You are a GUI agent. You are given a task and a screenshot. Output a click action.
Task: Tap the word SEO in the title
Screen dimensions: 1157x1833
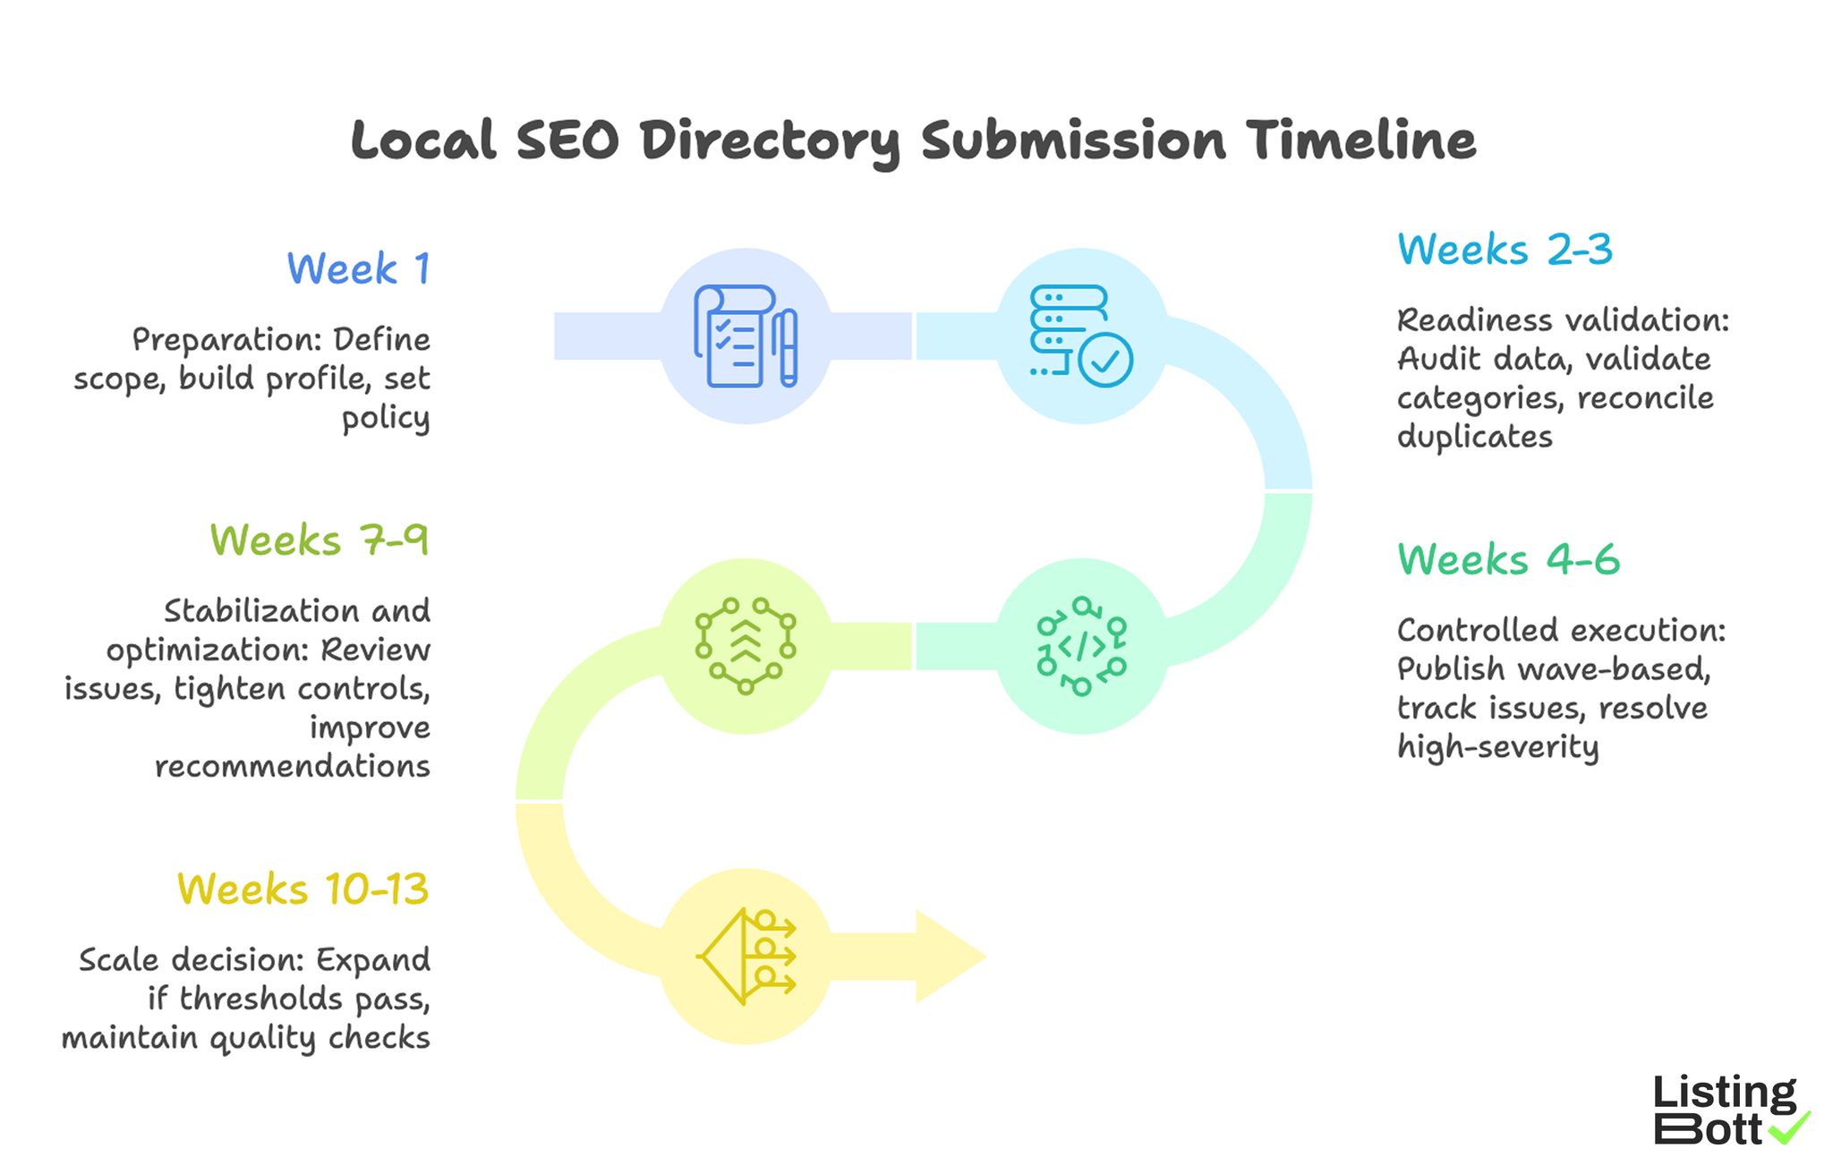pos(567,141)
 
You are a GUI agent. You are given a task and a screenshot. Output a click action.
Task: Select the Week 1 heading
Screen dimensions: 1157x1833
pos(358,268)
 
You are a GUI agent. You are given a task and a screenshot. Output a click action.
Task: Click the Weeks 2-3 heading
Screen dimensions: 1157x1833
pos(1505,249)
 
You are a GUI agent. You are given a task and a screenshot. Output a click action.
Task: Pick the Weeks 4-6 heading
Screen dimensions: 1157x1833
pos(1508,559)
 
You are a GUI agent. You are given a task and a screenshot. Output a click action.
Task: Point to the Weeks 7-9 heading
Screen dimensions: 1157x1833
pos(320,540)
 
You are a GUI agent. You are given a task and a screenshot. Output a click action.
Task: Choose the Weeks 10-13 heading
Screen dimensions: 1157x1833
pos(303,889)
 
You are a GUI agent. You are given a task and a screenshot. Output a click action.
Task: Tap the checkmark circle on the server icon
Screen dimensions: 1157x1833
pos(1105,360)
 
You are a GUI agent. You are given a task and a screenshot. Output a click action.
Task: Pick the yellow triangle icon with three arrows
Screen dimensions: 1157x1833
pos(746,957)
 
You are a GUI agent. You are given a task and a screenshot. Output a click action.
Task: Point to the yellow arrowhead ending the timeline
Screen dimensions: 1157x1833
pos(949,957)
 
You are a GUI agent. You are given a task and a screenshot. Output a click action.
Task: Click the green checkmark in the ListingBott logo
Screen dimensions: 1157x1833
pos(1790,1127)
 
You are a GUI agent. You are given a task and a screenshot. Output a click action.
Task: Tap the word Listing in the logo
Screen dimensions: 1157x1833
pos(1724,1093)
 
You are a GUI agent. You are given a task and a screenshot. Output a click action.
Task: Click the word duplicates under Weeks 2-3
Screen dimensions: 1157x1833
pos(1474,437)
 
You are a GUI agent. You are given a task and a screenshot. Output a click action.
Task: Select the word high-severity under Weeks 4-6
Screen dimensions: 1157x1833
pos(1497,746)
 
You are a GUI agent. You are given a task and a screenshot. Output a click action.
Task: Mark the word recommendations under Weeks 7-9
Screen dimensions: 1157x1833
pos(293,766)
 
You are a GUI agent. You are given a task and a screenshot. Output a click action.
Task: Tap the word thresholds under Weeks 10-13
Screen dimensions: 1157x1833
pos(260,999)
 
